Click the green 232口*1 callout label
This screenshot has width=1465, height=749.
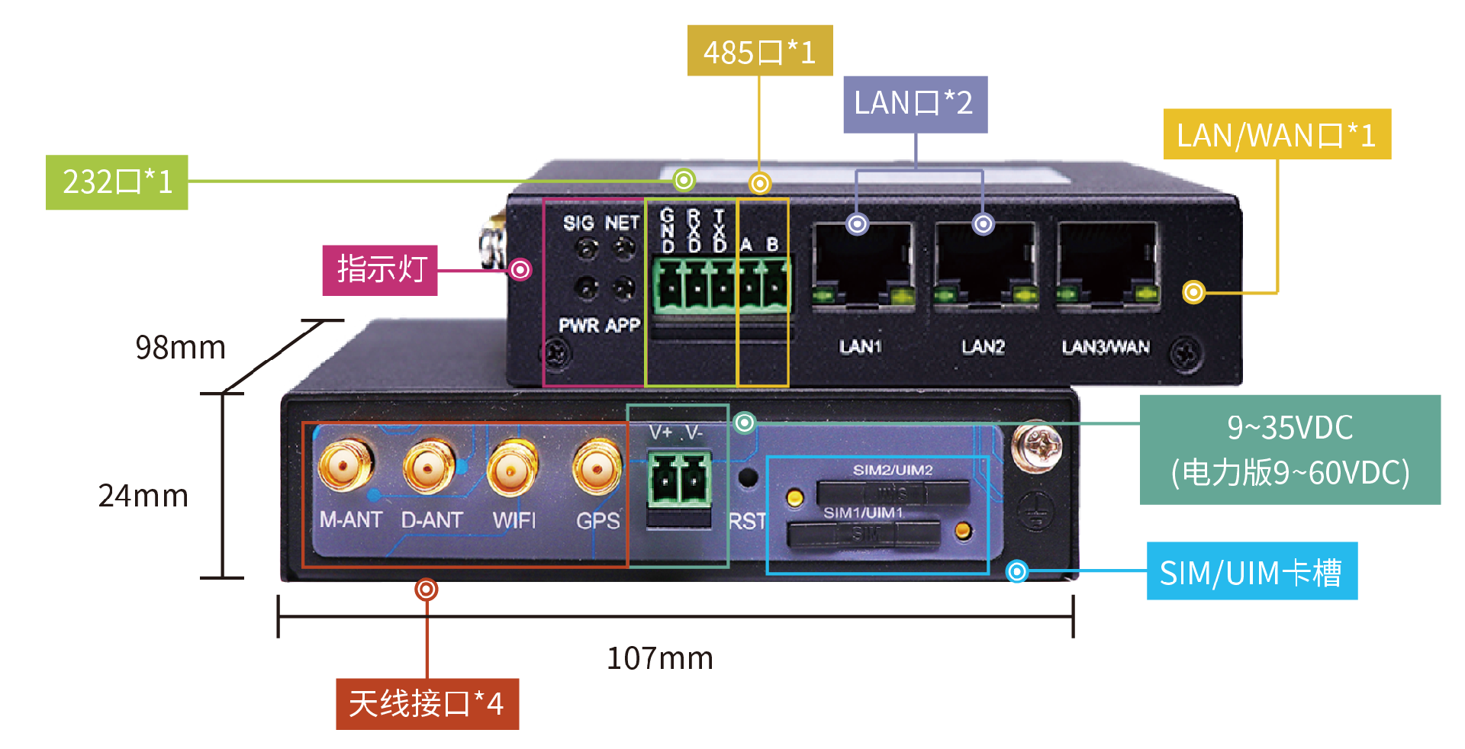click(117, 182)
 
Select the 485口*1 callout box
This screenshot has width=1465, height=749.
click(759, 51)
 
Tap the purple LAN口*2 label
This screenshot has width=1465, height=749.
click(915, 104)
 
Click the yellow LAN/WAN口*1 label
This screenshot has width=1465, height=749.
click(1277, 135)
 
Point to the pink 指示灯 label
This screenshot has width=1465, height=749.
click(380, 270)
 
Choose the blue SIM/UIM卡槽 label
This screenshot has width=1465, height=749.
click(1251, 571)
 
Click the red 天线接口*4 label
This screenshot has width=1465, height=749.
click(427, 703)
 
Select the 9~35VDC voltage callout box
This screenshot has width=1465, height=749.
click(1290, 449)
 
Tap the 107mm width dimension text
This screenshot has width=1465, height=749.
click(660, 658)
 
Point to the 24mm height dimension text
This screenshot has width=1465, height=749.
click(143, 496)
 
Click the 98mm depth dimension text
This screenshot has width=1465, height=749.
click(180, 348)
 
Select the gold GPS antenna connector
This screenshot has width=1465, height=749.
click(597, 466)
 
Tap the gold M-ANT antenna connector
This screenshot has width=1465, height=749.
click(346, 465)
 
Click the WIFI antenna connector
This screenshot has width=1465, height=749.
click(512, 467)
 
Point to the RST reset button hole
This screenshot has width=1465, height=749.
click(748, 478)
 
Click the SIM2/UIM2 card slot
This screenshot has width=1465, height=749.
click(893, 492)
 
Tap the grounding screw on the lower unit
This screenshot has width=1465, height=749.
click(1037, 445)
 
